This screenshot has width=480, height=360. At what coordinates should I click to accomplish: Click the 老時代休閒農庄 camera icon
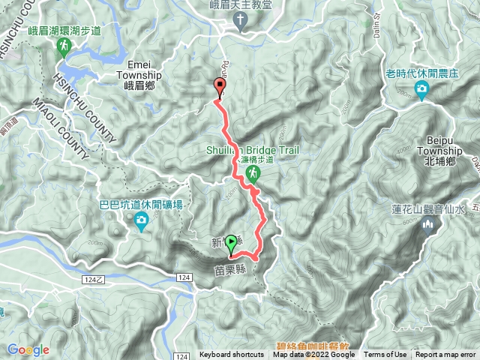422,91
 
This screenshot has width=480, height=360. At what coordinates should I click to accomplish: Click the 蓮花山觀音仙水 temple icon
429,226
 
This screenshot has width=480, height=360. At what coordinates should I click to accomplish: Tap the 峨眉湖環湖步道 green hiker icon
64,47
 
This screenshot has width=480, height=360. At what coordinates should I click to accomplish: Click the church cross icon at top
241,20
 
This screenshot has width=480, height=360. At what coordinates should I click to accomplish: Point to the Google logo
28,349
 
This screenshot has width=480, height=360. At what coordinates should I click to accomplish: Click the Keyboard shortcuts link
231,355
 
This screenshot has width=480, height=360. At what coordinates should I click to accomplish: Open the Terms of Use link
385,355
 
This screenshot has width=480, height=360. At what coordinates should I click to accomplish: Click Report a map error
447,355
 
